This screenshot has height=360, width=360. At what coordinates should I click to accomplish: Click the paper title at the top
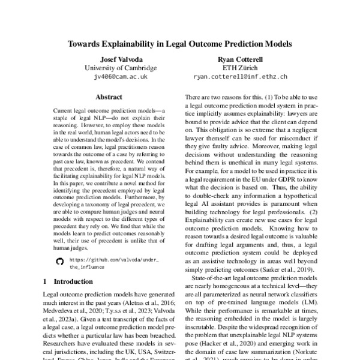coord(180,44)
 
